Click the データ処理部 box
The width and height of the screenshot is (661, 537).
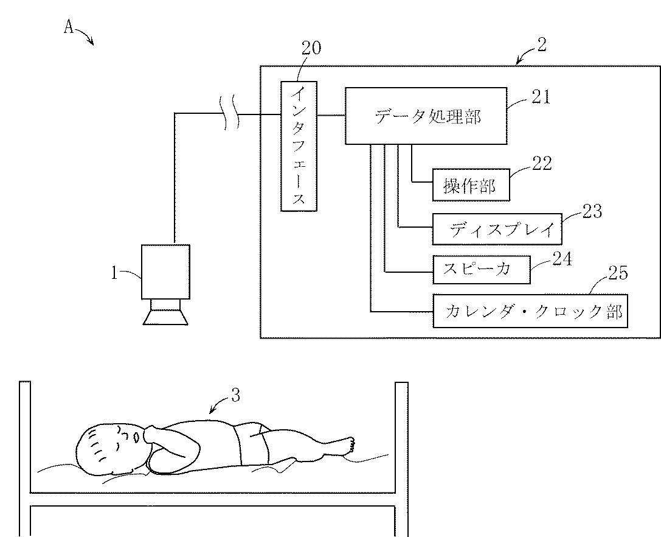click(426, 116)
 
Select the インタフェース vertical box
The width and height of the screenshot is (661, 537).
click(299, 146)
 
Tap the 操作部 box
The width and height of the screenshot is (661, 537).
click(470, 184)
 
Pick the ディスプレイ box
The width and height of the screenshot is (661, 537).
click(496, 229)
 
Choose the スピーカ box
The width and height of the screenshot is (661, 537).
click(480, 268)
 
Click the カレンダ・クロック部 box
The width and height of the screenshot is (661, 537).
click(530, 311)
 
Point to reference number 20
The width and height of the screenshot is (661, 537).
click(311, 48)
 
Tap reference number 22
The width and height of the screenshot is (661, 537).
click(541, 163)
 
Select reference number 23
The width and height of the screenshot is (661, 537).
click(592, 211)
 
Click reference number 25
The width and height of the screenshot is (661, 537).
click(618, 273)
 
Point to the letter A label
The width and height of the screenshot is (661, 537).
click(69, 27)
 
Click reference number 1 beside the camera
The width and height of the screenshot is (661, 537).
click(114, 273)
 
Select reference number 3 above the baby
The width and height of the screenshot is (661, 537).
click(235, 396)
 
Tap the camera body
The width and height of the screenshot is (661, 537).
click(165, 271)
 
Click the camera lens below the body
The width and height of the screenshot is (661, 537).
click(165, 313)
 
